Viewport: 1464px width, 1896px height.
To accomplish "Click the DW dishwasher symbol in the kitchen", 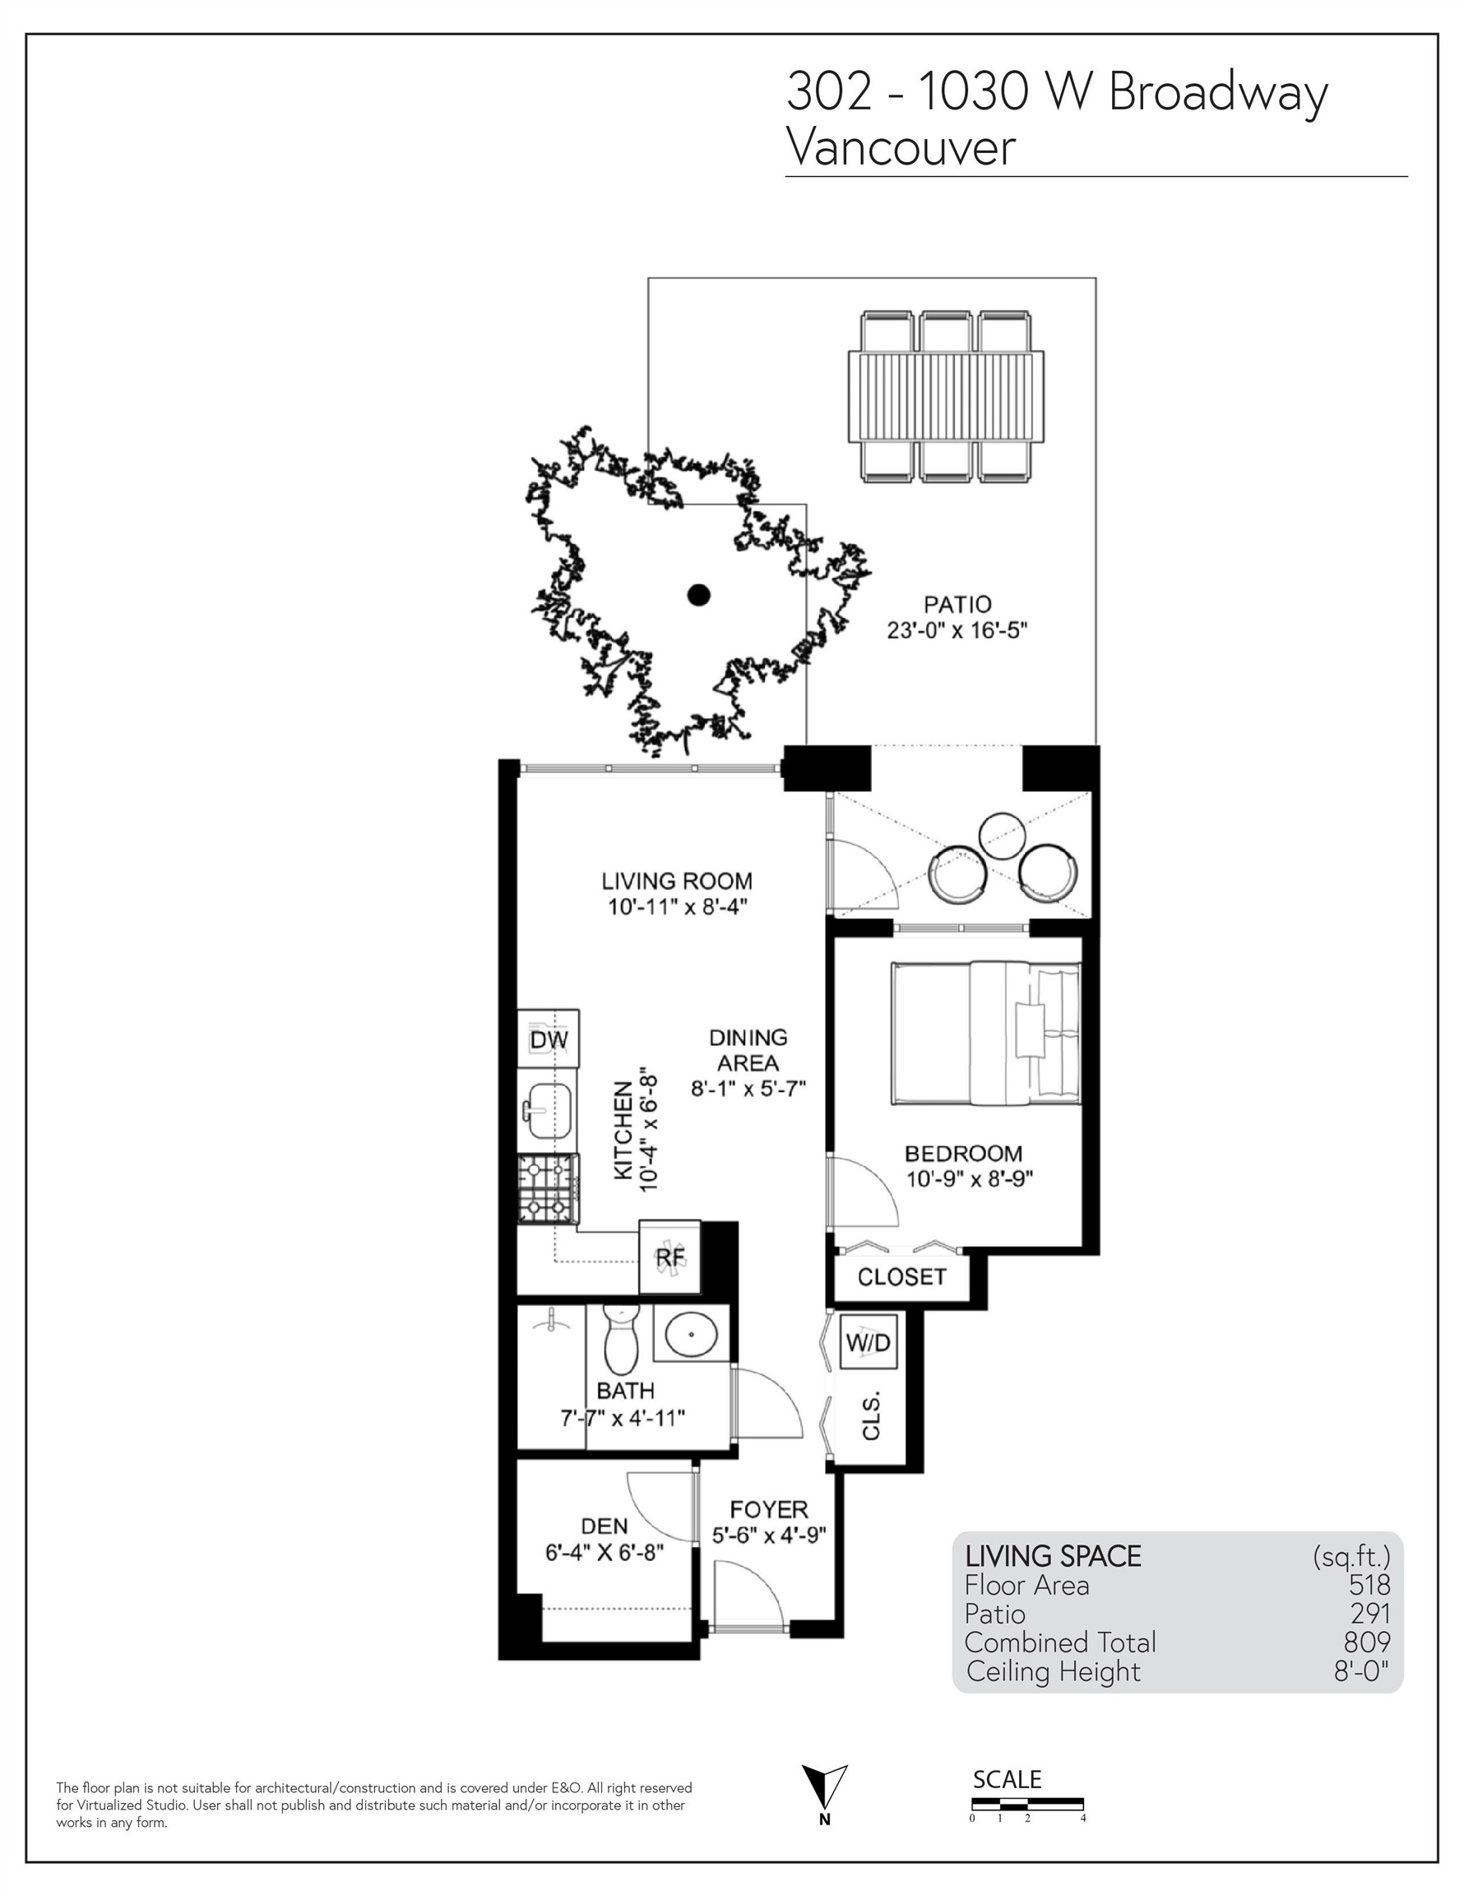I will [x=549, y=1039].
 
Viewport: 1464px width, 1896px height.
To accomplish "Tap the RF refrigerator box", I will [x=669, y=1257].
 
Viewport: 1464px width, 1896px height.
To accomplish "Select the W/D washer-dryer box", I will [x=868, y=1343].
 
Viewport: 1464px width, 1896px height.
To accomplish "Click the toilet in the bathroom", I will [x=620, y=1341].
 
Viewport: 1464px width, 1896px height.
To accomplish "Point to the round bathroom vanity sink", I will [x=691, y=1333].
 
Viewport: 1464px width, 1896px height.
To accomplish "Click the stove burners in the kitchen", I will [x=548, y=1188].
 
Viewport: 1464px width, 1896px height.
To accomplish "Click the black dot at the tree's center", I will [x=698, y=595].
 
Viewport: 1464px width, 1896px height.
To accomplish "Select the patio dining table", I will [x=945, y=396].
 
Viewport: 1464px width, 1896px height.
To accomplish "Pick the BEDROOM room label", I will [x=963, y=1154].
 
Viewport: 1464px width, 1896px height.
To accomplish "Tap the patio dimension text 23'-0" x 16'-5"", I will [x=957, y=631].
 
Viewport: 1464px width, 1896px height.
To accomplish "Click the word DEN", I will [x=604, y=1527].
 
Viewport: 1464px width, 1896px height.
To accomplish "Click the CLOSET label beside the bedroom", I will [x=901, y=1277].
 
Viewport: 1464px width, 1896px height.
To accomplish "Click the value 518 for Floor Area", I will [x=1369, y=1585].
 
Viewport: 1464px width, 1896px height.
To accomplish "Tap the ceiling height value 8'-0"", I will [x=1360, y=1671].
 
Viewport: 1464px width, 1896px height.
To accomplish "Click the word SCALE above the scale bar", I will [x=1007, y=1780].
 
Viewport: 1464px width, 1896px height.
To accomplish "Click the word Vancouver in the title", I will [x=900, y=147].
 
